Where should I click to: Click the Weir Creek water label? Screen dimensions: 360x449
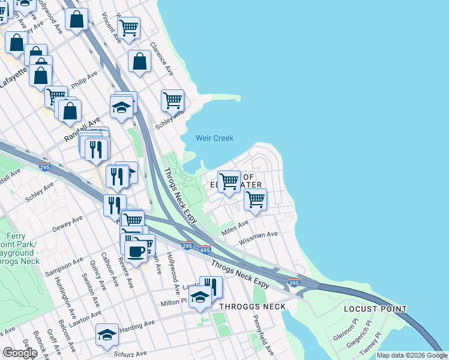click(x=214, y=139)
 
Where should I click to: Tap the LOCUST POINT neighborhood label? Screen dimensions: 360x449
click(x=375, y=309)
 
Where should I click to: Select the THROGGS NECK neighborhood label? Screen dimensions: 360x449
click(x=252, y=307)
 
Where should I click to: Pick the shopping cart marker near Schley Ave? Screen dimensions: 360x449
click(x=172, y=100)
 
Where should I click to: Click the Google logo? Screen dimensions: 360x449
click(x=20, y=353)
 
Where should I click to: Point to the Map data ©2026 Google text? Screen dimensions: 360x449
click(x=412, y=355)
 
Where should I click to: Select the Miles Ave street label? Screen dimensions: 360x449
click(x=235, y=227)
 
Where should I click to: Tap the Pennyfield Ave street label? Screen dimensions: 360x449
click(x=264, y=339)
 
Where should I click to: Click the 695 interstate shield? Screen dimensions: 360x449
click(x=205, y=249)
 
